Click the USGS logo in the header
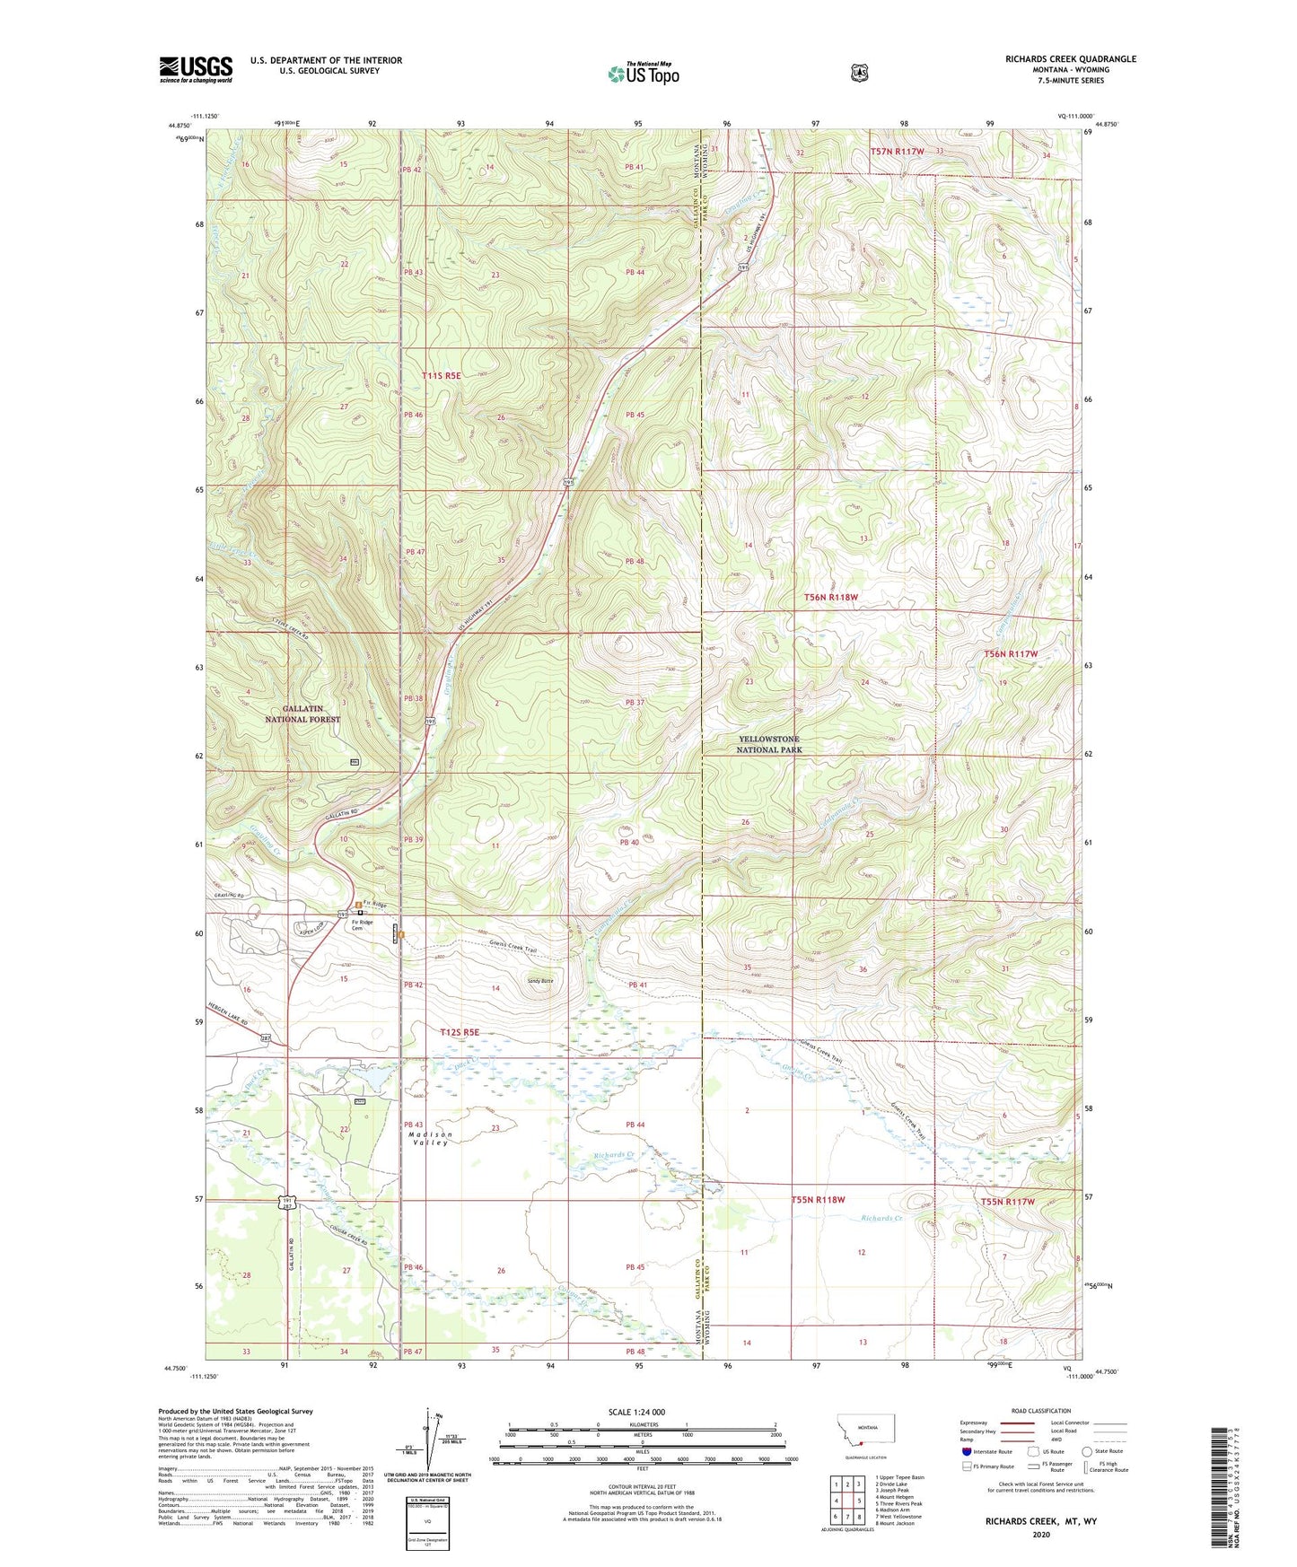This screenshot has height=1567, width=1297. (196, 69)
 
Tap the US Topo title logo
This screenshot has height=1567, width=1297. (643, 73)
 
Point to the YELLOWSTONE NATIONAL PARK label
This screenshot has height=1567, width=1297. (768, 745)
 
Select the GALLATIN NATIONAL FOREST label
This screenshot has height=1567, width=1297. (302, 714)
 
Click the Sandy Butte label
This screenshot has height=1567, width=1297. (540, 981)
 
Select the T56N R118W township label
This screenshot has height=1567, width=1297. (830, 597)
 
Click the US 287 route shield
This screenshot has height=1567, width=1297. (266, 1038)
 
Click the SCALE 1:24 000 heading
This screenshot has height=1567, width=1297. (636, 1412)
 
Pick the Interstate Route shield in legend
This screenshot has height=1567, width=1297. (967, 1451)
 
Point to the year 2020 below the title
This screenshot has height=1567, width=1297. (1040, 1534)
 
